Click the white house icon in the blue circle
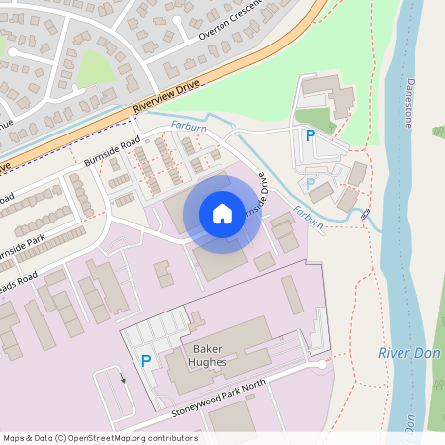222,214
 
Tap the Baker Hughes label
209,356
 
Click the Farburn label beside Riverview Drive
188,127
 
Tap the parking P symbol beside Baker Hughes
146,362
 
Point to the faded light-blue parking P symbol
311,183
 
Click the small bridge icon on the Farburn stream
365,214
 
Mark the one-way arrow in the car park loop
124,377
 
